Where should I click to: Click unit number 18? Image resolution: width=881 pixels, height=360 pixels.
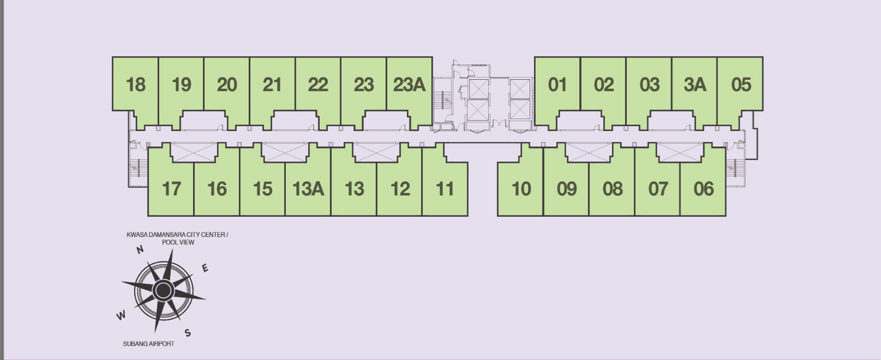135,85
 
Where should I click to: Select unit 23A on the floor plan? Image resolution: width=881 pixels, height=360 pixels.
409,85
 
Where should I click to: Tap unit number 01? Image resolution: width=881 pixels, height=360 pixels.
557,85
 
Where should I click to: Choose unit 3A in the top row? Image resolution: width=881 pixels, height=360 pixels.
695,85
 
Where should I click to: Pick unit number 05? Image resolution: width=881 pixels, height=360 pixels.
741,85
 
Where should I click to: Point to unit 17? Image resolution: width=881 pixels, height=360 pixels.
171,189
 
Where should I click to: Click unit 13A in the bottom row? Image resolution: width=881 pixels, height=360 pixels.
308,189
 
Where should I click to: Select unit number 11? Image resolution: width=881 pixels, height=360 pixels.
445,189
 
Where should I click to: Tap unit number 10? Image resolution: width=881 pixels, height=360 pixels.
521,189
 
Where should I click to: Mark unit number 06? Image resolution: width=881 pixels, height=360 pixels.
703,189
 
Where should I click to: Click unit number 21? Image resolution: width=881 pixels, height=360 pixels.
272,85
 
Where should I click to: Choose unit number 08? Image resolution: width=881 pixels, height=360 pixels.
612,189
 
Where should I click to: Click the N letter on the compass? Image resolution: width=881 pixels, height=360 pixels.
140,249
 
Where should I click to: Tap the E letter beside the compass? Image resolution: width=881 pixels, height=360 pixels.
205,268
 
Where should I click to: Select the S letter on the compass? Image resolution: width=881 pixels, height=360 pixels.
187,333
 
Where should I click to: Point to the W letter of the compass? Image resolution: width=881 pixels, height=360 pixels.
121,315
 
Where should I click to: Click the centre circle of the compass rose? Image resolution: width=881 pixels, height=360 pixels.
163,291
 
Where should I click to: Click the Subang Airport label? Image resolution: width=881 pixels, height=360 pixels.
148,344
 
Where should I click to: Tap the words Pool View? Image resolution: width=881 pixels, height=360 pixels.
178,242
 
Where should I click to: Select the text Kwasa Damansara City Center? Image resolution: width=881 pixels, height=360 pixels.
176,234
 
